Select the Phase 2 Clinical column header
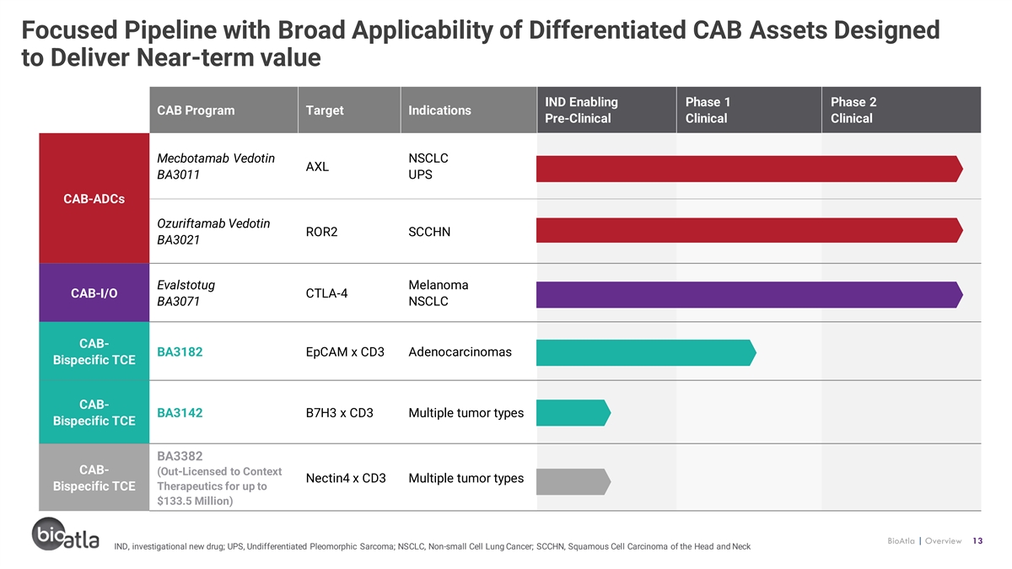pyautogui.click(x=901, y=110)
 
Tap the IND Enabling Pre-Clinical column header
pyautogui.click(x=606, y=110)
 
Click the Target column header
pyautogui.click(x=349, y=110)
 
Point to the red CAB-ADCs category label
pyautogui.click(x=94, y=198)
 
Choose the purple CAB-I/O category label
pyautogui.click(x=94, y=293)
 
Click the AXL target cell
pyautogui.click(x=317, y=167)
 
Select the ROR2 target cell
pyautogui.click(x=321, y=232)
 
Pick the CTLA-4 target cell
pyautogui.click(x=326, y=293)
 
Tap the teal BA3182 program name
pyautogui.click(x=180, y=352)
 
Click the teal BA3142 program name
pyautogui.click(x=180, y=413)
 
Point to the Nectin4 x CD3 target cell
pyautogui.click(x=346, y=478)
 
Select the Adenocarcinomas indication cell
pyautogui.click(x=460, y=352)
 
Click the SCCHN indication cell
pyautogui.click(x=429, y=232)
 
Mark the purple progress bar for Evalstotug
pyautogui.click(x=750, y=294)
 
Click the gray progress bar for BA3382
pyautogui.click(x=573, y=481)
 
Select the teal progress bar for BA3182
pyautogui.click(x=646, y=352)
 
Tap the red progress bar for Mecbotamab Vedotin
pyautogui.click(x=750, y=169)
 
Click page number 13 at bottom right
pyautogui.click(x=977, y=540)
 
